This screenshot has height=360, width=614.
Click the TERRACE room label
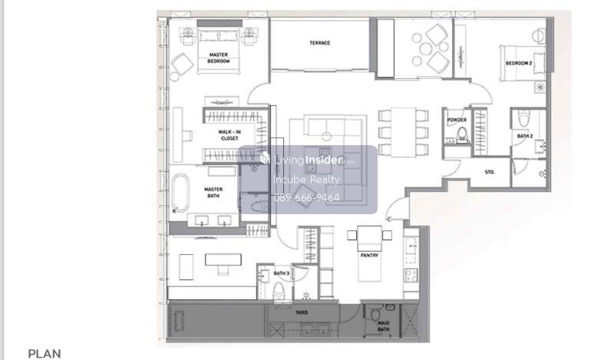coord(319,43)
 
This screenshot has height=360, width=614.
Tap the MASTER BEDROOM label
coord(219,58)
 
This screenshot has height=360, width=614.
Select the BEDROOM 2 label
coord(519,63)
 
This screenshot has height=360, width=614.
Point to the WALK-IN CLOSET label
coord(229,135)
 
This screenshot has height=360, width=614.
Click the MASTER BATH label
coord(213,193)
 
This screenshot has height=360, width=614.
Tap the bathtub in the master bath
coord(180,193)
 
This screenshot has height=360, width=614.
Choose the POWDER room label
coord(457,121)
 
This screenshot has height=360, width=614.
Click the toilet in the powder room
coord(463,134)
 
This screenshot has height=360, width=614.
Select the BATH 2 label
coord(525,137)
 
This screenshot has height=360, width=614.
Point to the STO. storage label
coord(490,172)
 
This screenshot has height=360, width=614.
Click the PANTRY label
coord(369,256)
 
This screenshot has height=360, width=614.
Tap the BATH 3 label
coord(281,273)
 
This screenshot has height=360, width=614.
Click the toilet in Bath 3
coord(279,290)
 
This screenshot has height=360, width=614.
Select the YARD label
coord(302,312)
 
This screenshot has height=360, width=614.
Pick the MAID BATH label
coord(383,326)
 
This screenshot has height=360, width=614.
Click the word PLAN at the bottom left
coord(45,354)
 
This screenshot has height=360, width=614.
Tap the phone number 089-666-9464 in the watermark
coord(306,198)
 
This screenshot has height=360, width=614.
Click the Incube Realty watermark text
coord(306,180)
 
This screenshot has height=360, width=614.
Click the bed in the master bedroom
coord(219,51)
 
